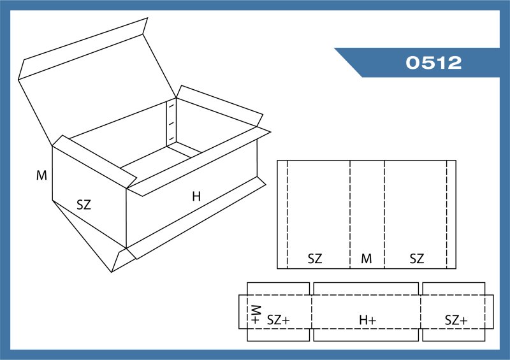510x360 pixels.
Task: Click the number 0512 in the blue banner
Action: (x=433, y=62)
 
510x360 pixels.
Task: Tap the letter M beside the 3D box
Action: (x=41, y=176)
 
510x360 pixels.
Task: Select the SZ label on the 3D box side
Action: (x=84, y=205)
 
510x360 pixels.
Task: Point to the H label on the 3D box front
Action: (x=196, y=196)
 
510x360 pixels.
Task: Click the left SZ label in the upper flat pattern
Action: (x=315, y=259)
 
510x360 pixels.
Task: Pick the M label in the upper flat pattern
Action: (x=366, y=259)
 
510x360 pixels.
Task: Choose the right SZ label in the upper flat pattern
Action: (x=417, y=259)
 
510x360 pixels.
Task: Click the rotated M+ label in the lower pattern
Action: (x=256, y=315)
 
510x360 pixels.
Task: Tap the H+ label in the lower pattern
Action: (x=368, y=320)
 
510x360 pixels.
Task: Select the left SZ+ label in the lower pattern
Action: (x=278, y=320)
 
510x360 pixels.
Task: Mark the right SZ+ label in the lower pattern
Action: (x=456, y=320)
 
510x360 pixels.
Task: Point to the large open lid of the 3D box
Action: (x=98, y=89)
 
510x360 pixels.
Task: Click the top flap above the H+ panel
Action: (x=366, y=289)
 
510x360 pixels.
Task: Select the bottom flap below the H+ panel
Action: (x=366, y=335)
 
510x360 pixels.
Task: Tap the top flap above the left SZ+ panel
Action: (x=278, y=289)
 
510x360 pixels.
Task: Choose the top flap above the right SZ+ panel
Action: (x=454, y=289)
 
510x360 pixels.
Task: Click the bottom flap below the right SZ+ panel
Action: (x=454, y=335)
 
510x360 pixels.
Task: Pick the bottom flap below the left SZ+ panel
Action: (x=278, y=335)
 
